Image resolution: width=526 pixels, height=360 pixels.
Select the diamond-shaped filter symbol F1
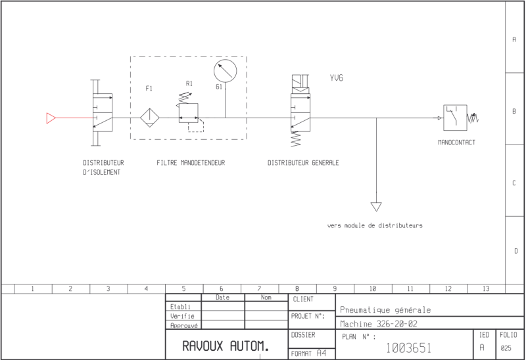pos(150,118)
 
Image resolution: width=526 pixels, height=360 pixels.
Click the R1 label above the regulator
pos(189,84)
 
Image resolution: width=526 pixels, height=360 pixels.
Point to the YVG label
pos(337,78)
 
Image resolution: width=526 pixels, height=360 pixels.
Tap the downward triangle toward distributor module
pos(376,207)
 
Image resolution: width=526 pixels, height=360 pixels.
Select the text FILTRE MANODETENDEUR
pos(191,163)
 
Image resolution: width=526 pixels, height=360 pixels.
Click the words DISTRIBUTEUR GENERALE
pos(303,163)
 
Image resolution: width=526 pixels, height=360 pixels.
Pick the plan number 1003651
pos(408,348)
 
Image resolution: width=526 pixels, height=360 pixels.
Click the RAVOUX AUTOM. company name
pos(226,346)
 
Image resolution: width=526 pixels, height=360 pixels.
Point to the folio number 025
pos(506,348)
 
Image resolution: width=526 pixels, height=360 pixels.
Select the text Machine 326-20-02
pos(379,324)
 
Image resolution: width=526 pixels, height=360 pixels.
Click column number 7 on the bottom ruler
pos(259,288)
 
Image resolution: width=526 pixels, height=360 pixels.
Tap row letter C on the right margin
pos(514,183)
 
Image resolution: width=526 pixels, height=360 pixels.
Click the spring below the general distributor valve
pos(295,139)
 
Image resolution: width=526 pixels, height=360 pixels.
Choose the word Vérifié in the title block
pos(182,316)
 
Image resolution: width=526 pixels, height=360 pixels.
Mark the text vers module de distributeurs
pos(375,225)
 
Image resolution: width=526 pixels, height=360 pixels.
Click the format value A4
pos(322,353)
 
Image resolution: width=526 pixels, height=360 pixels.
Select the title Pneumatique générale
pos(385,310)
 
